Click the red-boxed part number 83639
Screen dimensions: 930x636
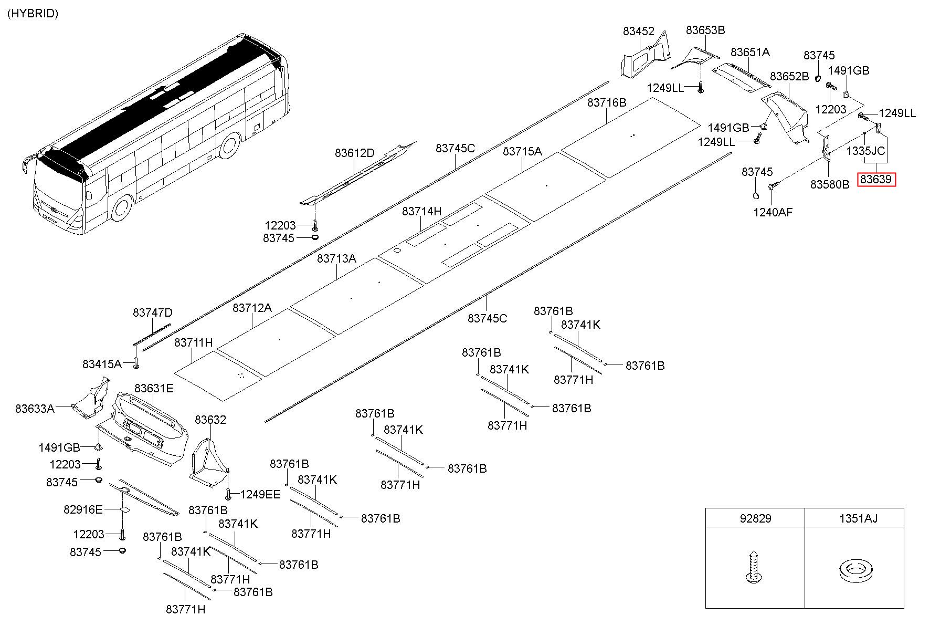(x=875, y=179)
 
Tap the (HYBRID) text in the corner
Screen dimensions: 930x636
(x=33, y=14)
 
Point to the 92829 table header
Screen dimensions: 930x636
(x=755, y=518)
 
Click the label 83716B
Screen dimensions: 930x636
(x=607, y=102)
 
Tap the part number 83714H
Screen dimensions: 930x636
(x=422, y=211)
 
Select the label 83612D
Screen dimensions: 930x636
(x=355, y=153)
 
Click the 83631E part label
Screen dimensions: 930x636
(x=154, y=388)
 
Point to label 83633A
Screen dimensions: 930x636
(x=35, y=409)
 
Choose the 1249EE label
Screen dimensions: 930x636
(x=260, y=494)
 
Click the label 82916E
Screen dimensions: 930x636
(x=83, y=509)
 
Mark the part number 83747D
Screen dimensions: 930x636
(x=152, y=312)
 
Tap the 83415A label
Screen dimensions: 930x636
(x=102, y=364)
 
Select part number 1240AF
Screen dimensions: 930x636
(x=773, y=212)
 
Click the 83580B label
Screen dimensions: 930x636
(x=830, y=184)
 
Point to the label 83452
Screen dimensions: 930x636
(x=639, y=31)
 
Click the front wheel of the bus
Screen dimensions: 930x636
(x=122, y=208)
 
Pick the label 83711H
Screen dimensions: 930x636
(x=194, y=342)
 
